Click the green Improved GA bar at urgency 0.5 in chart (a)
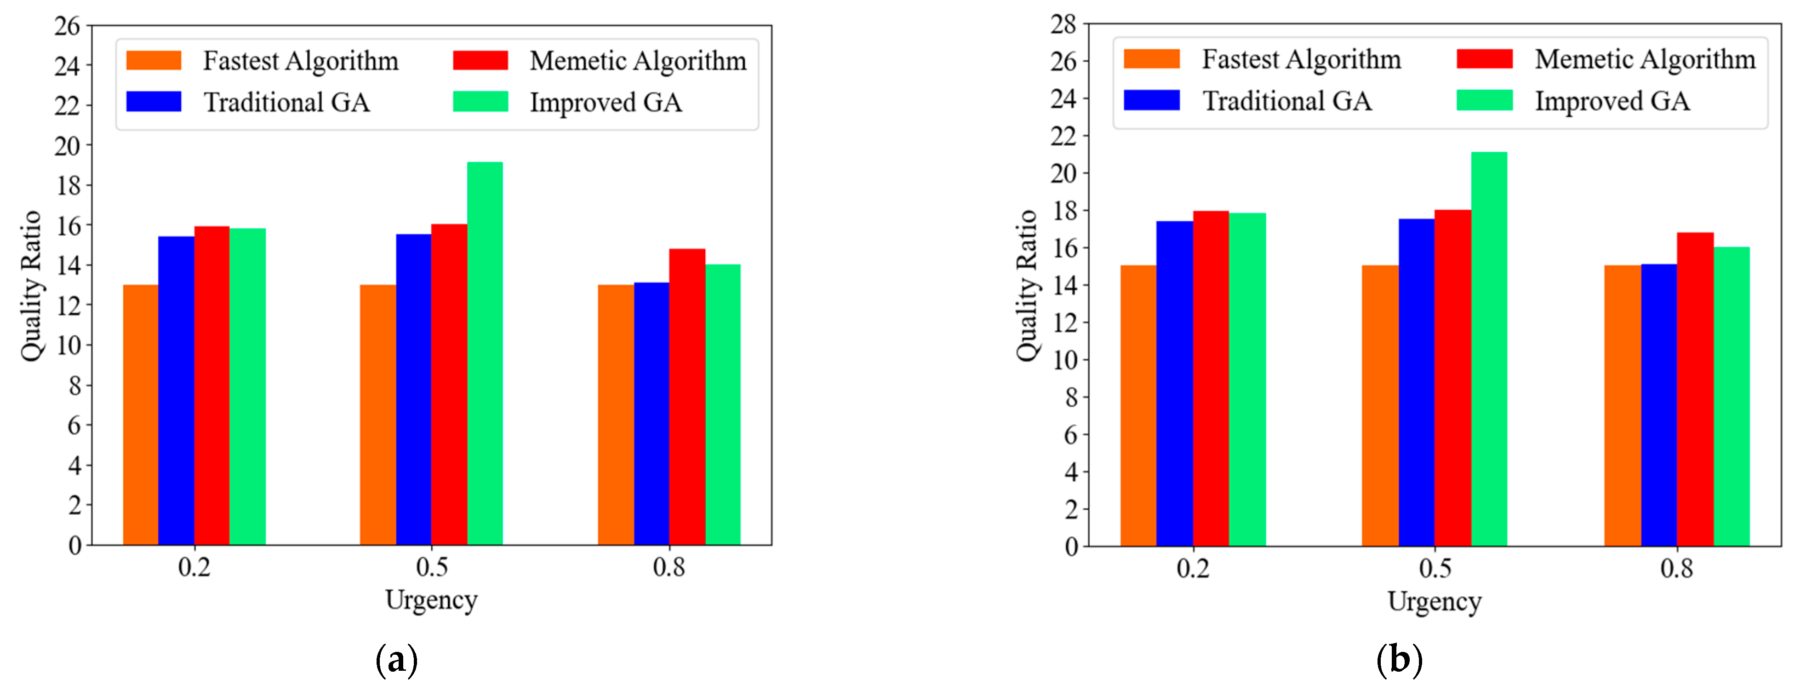click(x=485, y=353)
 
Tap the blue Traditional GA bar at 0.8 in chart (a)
click(x=651, y=413)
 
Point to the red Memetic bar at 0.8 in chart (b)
click(x=1695, y=389)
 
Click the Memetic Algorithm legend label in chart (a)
click(x=638, y=61)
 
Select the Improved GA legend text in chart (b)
click(x=1612, y=101)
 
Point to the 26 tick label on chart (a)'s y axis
click(x=67, y=27)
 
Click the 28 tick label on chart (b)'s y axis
click(x=1063, y=24)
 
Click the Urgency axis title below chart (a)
click(x=431, y=600)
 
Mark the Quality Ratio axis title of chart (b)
click(x=1026, y=285)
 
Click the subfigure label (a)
click(x=396, y=660)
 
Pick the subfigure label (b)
click(x=1399, y=660)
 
